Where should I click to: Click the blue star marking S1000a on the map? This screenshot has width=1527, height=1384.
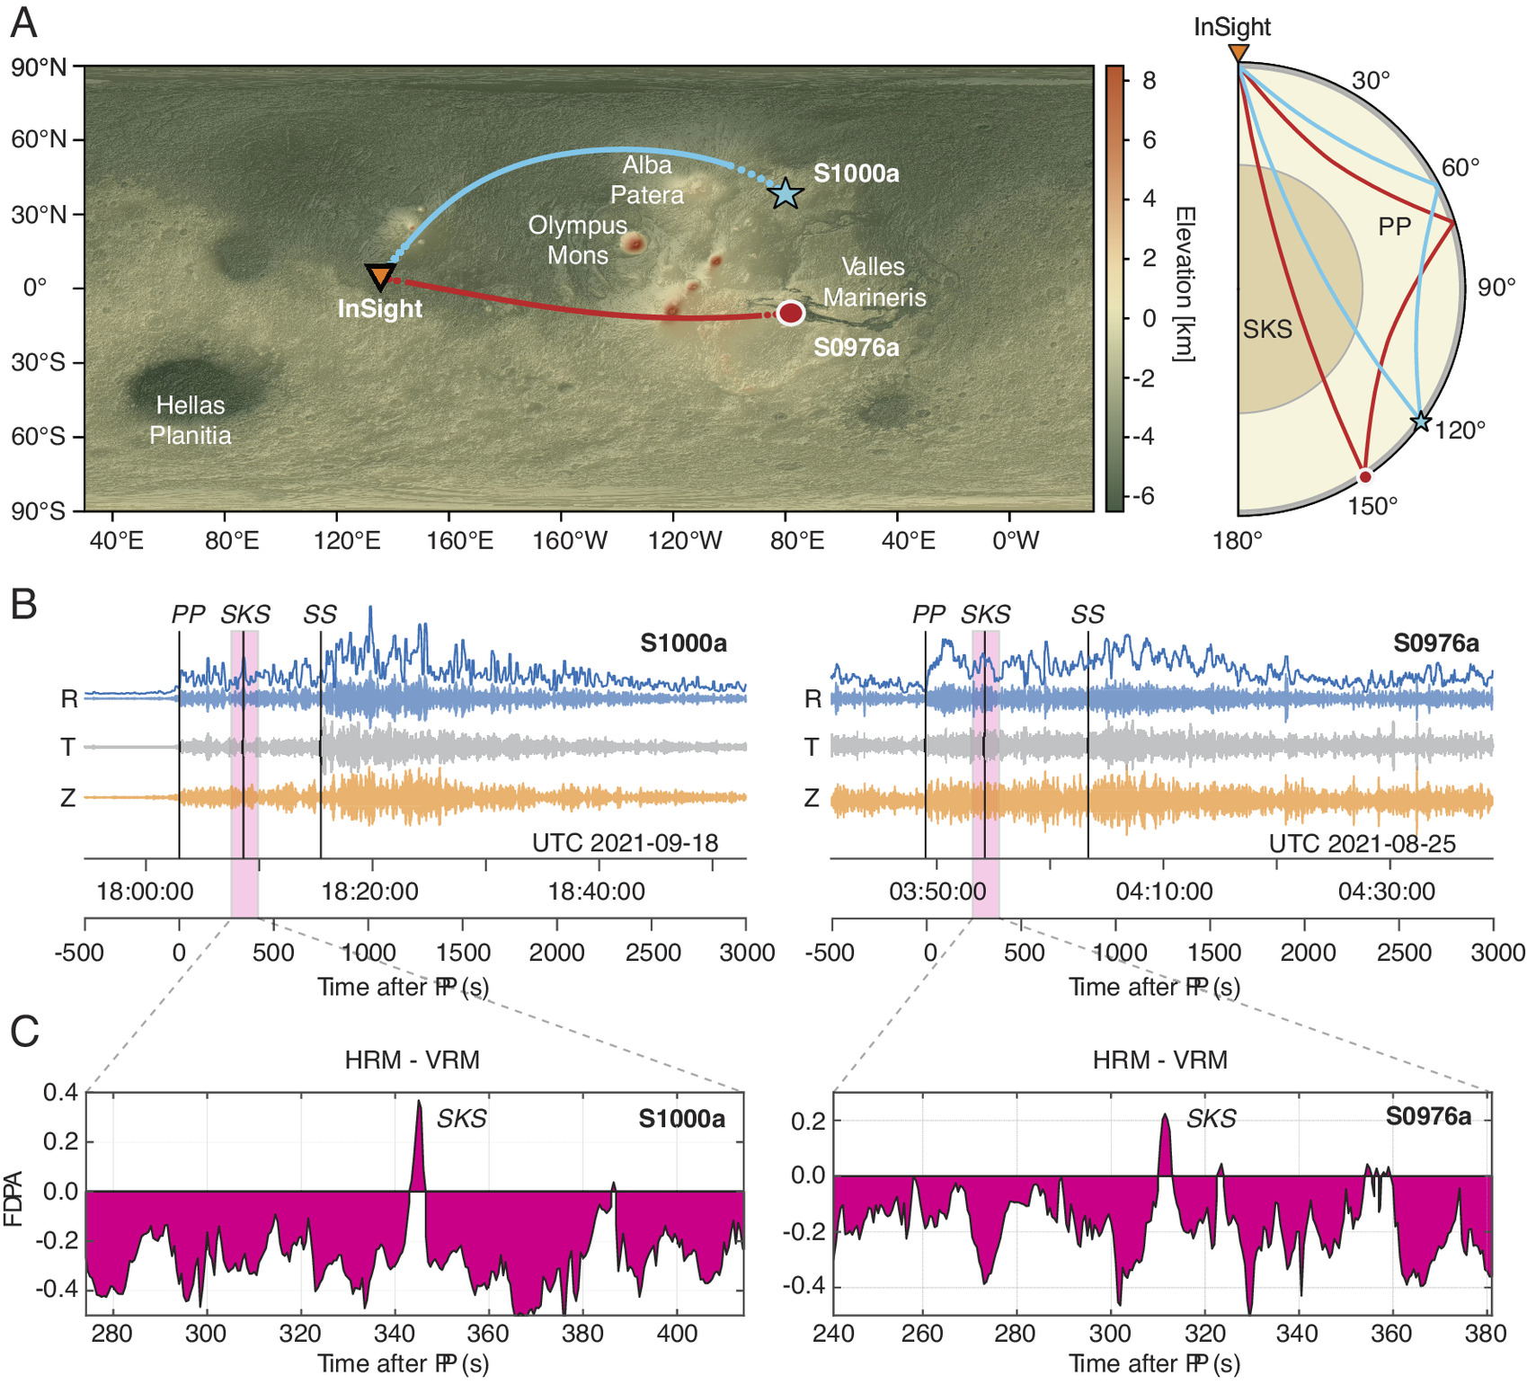(x=786, y=192)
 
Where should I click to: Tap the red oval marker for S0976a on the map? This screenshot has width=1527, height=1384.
(x=790, y=313)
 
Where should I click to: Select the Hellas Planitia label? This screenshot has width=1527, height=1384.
(x=191, y=420)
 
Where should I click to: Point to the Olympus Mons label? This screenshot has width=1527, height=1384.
(x=578, y=240)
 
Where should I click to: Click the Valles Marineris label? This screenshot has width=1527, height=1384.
(x=874, y=281)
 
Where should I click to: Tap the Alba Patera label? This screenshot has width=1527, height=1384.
(x=647, y=180)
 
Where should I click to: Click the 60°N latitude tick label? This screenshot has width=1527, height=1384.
(x=39, y=139)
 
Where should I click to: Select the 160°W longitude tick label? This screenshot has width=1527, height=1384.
(x=570, y=541)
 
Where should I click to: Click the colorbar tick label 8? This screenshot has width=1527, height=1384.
(x=1149, y=81)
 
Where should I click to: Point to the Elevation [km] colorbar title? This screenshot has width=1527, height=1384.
(x=1185, y=284)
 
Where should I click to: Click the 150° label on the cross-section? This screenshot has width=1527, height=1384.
(x=1372, y=507)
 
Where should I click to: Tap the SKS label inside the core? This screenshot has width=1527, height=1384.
(x=1267, y=329)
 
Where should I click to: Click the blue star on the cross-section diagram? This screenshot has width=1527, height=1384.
(x=1420, y=421)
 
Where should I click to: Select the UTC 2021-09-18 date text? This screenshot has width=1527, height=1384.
(x=626, y=843)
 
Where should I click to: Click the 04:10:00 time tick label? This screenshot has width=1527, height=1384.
(x=1164, y=892)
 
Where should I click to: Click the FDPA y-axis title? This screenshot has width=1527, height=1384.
(x=14, y=1199)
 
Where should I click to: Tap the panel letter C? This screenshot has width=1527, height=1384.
(x=24, y=1032)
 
